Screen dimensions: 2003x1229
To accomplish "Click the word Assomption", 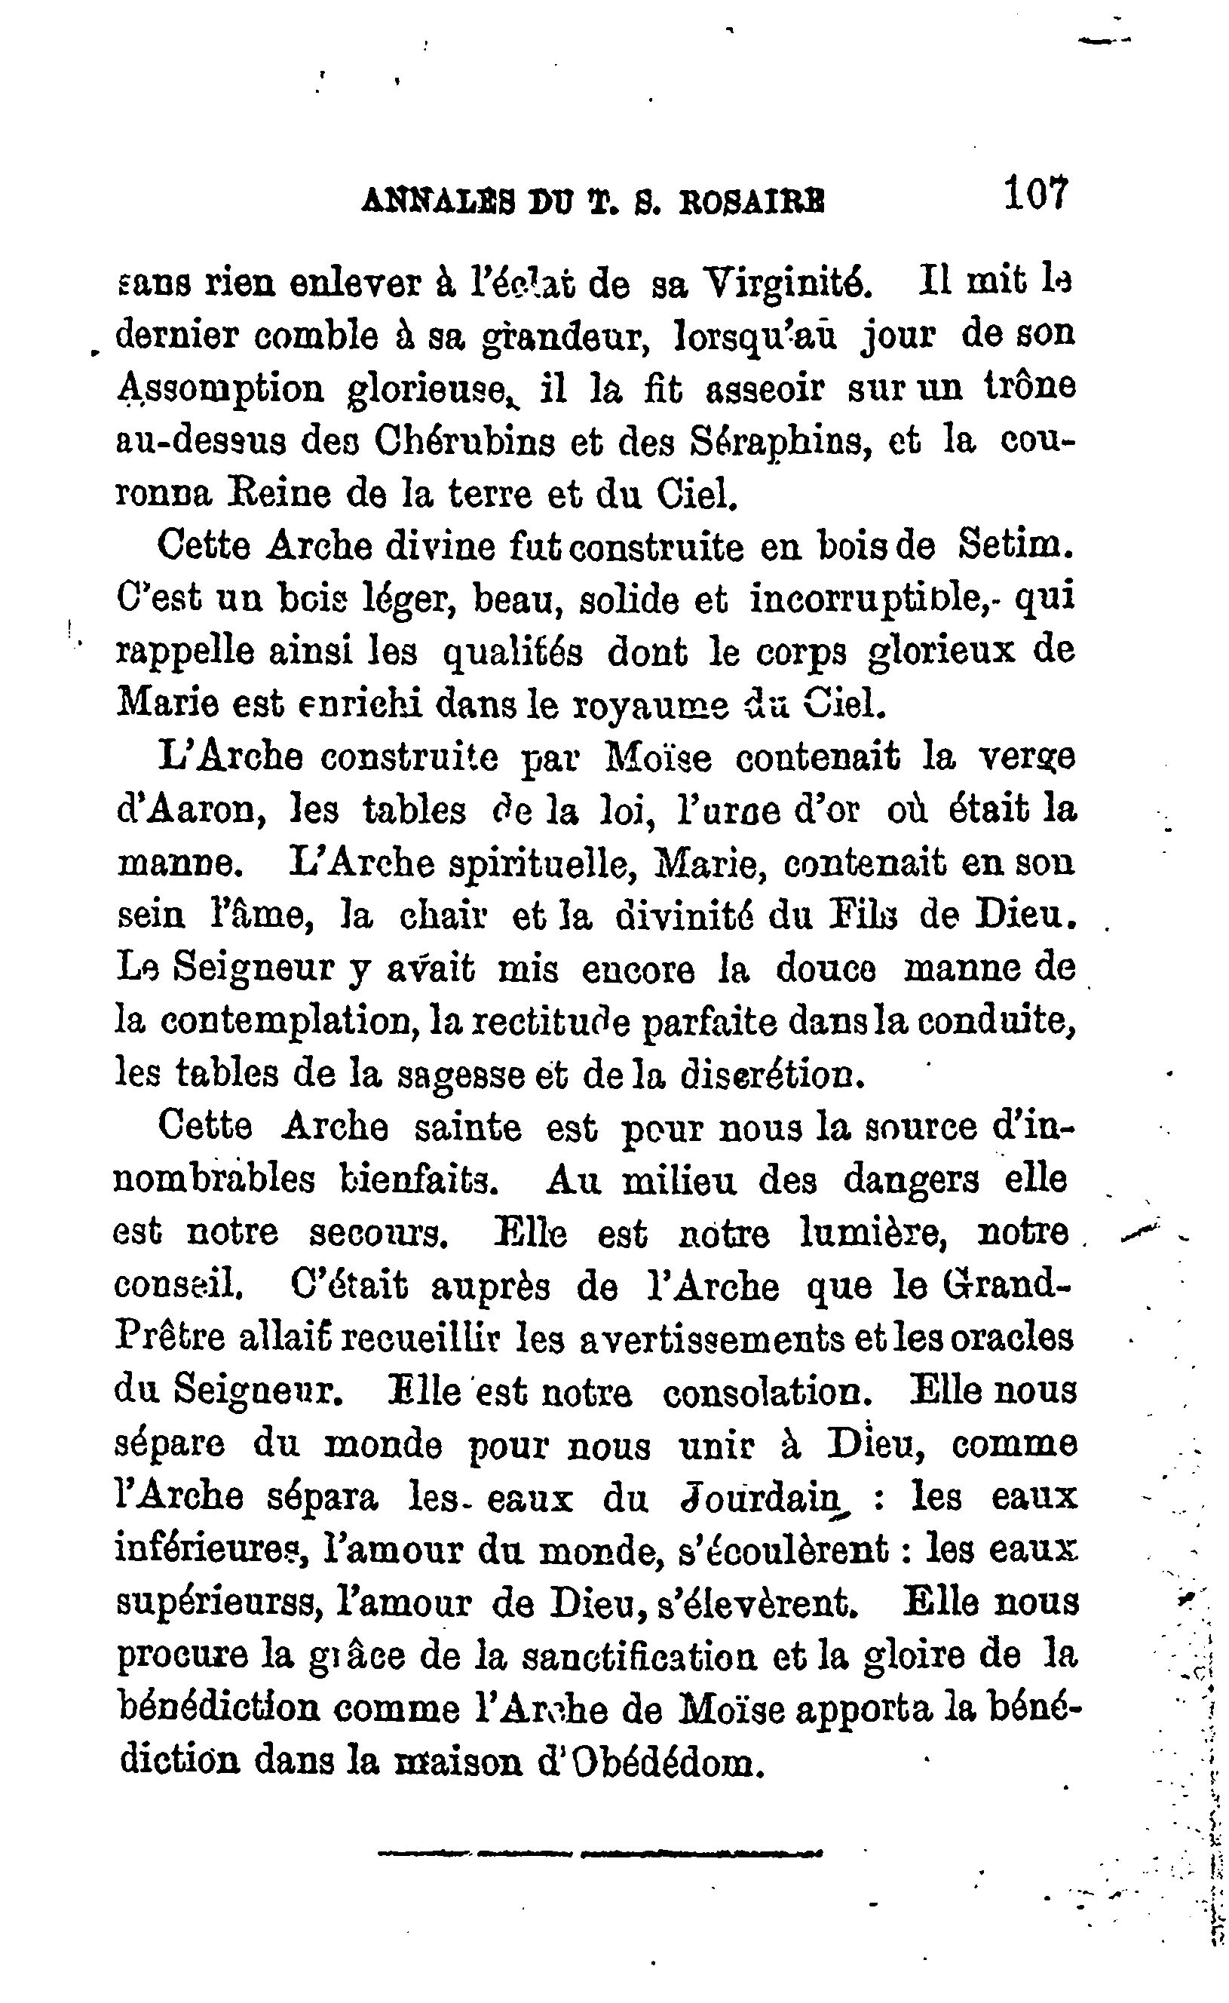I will point(220,391).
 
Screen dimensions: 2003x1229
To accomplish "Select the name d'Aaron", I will point(192,811).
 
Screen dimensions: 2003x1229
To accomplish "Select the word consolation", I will point(768,1392).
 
